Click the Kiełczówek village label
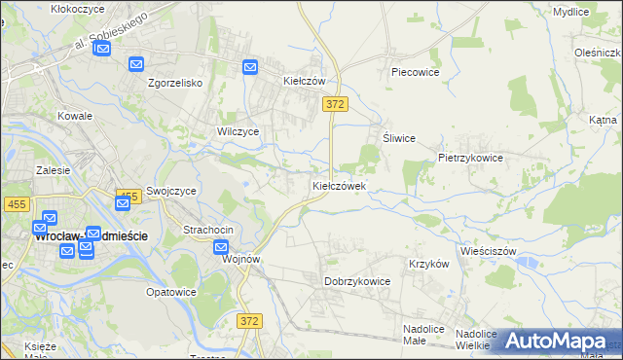(339, 185)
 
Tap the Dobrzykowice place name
(357, 281)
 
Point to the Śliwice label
(399, 138)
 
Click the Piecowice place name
(416, 72)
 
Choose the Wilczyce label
(238, 131)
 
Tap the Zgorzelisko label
(174, 83)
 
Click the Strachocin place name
(208, 230)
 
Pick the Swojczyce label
(172, 192)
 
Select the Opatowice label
(171, 292)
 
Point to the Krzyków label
(428, 264)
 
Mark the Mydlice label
(570, 12)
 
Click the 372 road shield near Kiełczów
(336, 103)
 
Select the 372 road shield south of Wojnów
(250, 320)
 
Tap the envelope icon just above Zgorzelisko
(135, 64)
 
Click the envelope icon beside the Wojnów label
(222, 247)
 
